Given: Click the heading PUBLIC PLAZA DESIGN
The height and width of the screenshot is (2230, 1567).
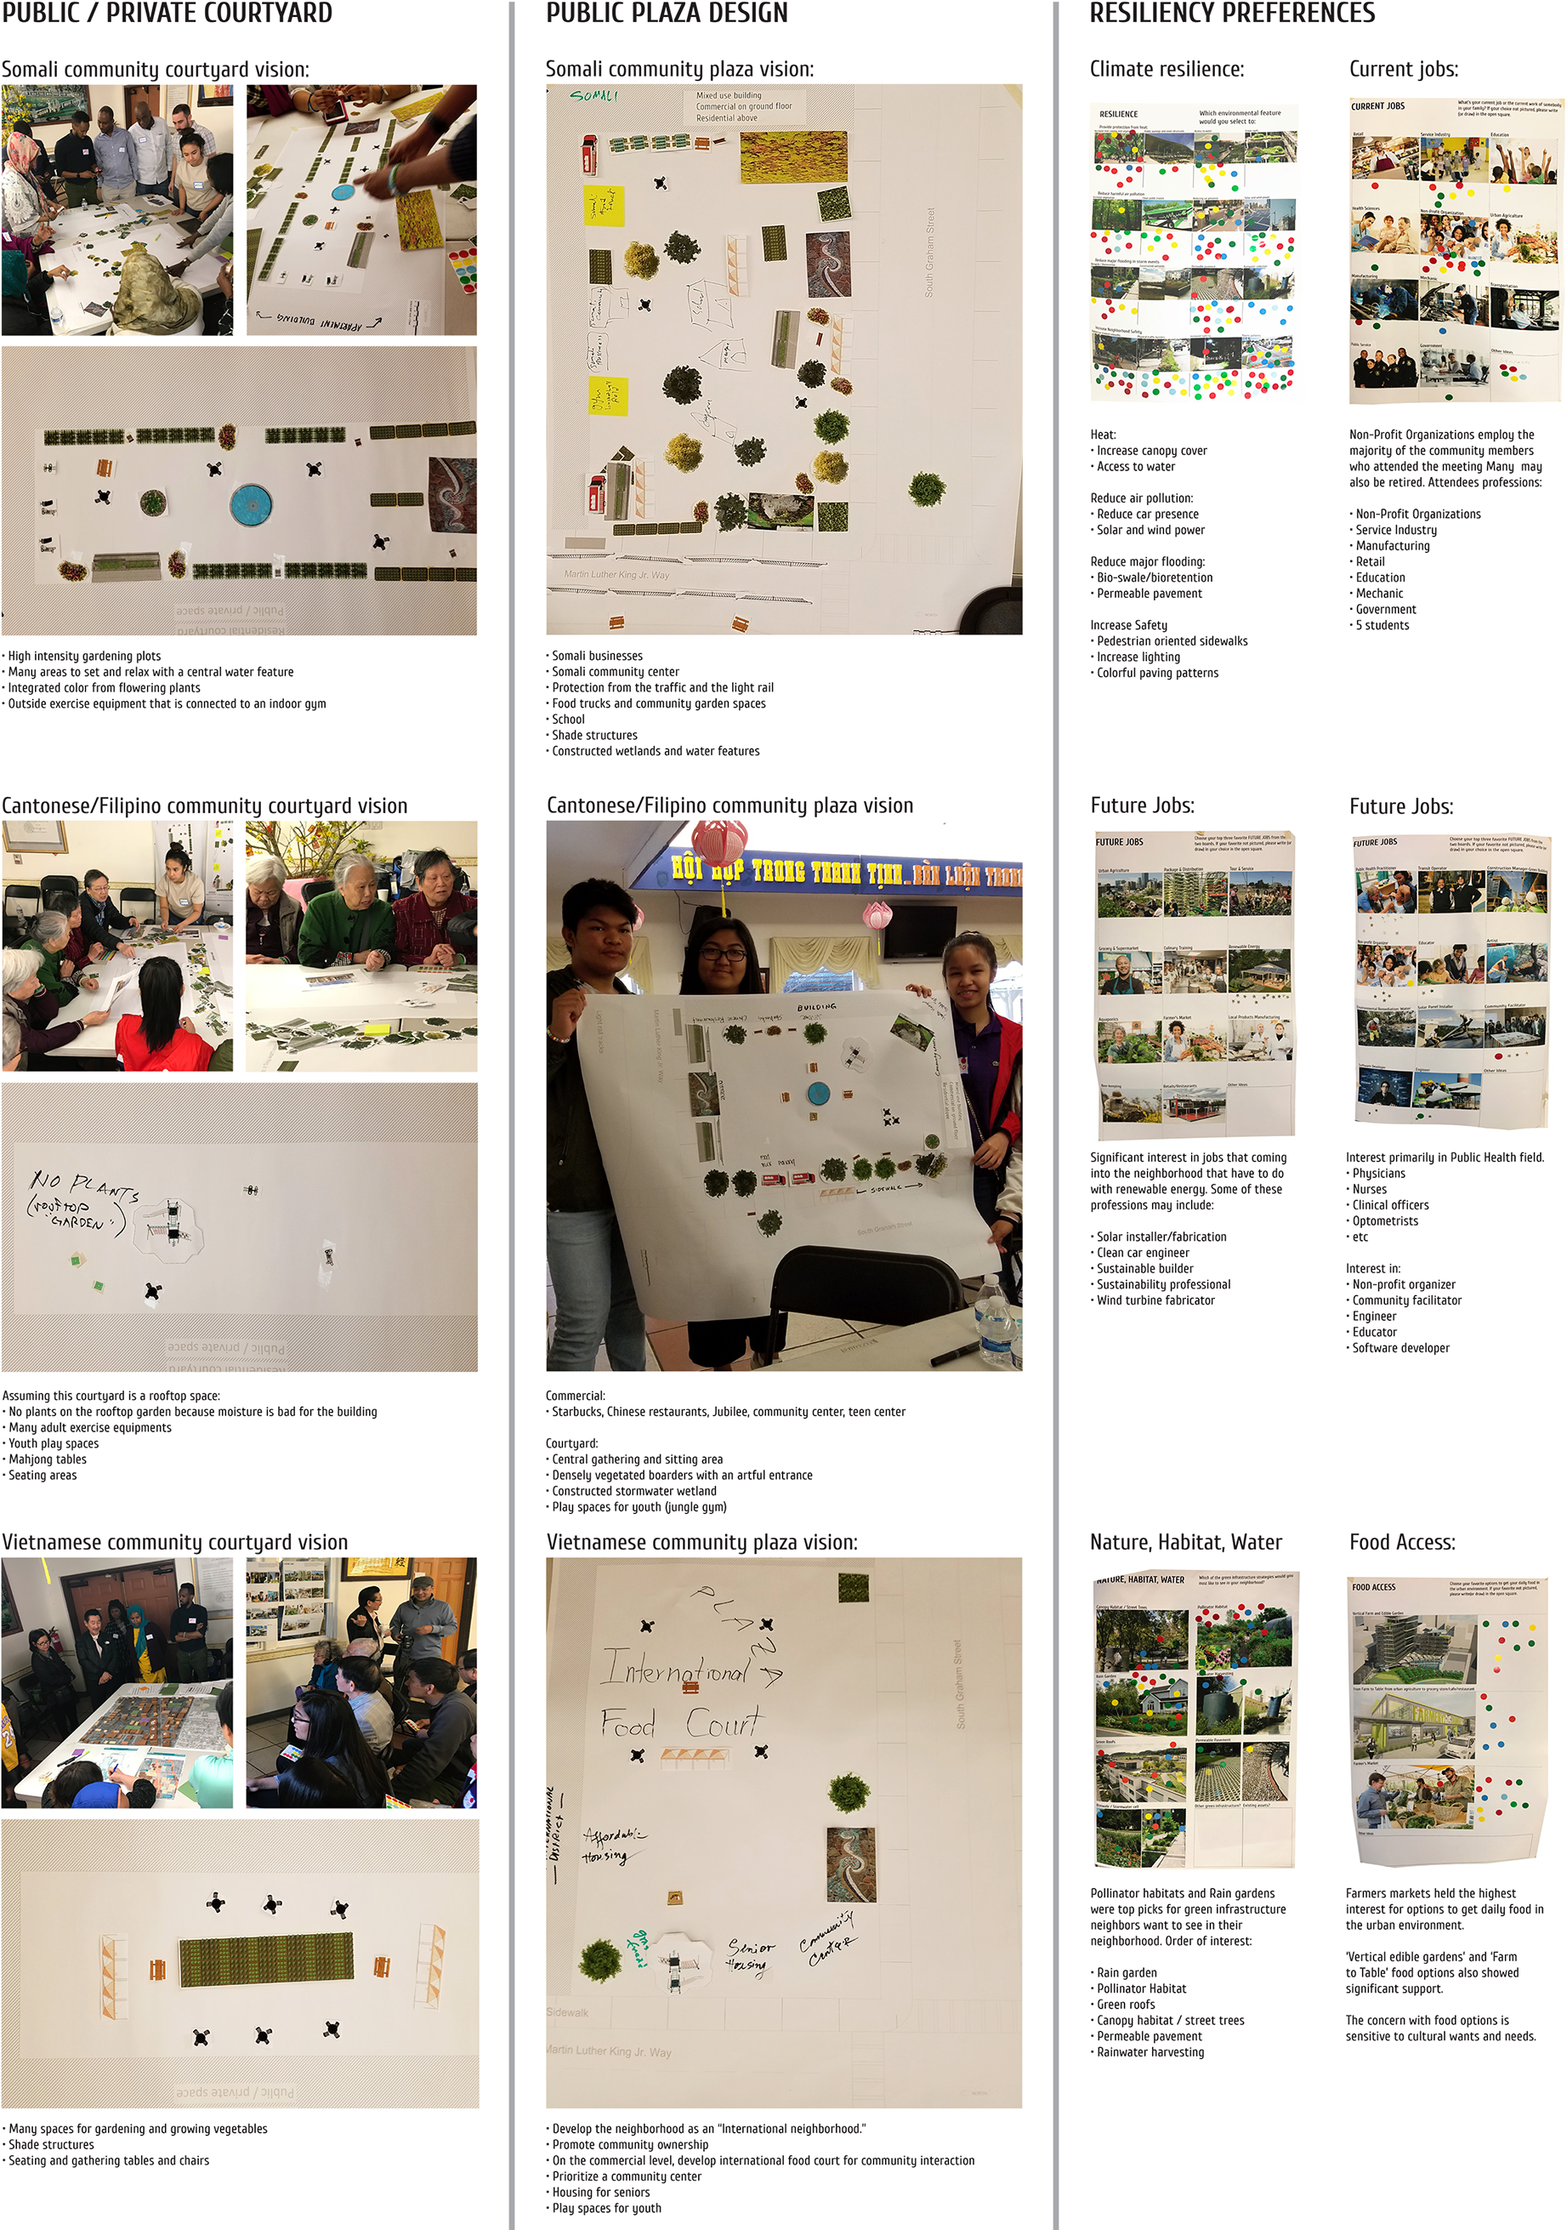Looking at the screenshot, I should tap(666, 13).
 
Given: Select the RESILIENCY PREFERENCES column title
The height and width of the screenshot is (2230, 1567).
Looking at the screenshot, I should tap(1231, 13).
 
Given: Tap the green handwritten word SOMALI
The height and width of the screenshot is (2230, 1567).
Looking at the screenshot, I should tap(593, 95).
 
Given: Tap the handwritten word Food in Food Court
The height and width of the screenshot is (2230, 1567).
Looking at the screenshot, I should tap(627, 1725).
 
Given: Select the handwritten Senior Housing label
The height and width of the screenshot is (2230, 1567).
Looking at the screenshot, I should tap(751, 1954).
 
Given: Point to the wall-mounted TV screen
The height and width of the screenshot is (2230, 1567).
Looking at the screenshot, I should tap(918, 930).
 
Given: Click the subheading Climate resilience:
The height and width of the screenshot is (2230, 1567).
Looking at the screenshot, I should tap(1166, 69).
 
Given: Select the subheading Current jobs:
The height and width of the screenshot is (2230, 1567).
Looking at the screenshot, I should tap(1403, 69).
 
